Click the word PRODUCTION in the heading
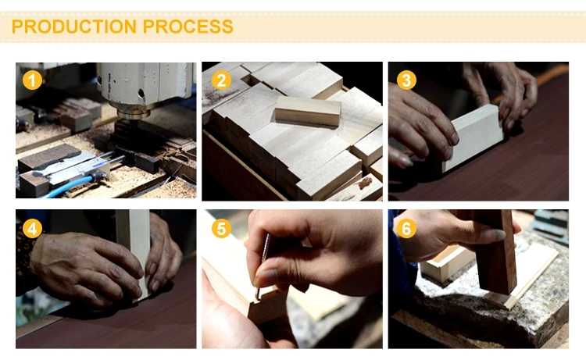click(74, 27)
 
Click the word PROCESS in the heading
click(188, 27)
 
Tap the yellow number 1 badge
click(32, 80)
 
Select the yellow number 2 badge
click(221, 80)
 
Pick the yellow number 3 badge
click(406, 80)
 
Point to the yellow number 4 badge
click(32, 229)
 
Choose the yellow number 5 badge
click(221, 229)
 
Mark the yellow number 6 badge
click(406, 229)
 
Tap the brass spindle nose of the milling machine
click(134, 111)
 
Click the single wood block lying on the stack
click(308, 112)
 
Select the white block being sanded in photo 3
click(473, 137)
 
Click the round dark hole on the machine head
click(141, 92)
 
